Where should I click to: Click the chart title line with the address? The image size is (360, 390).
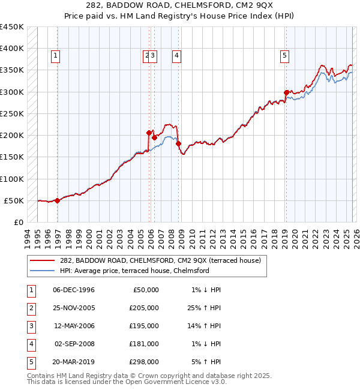(x=180, y=5)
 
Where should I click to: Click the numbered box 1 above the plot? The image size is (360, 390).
(x=55, y=56)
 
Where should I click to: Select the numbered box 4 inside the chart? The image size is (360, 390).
(x=177, y=56)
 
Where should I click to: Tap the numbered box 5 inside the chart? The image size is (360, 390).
(x=284, y=56)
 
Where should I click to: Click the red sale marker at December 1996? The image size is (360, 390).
(x=58, y=200)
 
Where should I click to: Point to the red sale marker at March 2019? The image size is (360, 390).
(x=286, y=92)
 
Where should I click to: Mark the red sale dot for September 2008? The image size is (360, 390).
(x=178, y=143)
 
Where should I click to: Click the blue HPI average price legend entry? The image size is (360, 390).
(x=134, y=271)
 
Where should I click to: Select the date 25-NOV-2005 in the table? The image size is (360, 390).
(x=74, y=308)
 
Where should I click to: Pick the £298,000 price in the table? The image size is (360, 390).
(x=145, y=362)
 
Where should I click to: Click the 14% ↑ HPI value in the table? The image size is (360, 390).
(x=206, y=326)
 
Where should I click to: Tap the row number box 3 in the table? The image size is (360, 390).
(x=31, y=326)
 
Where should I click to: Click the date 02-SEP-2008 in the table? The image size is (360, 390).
(x=74, y=344)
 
